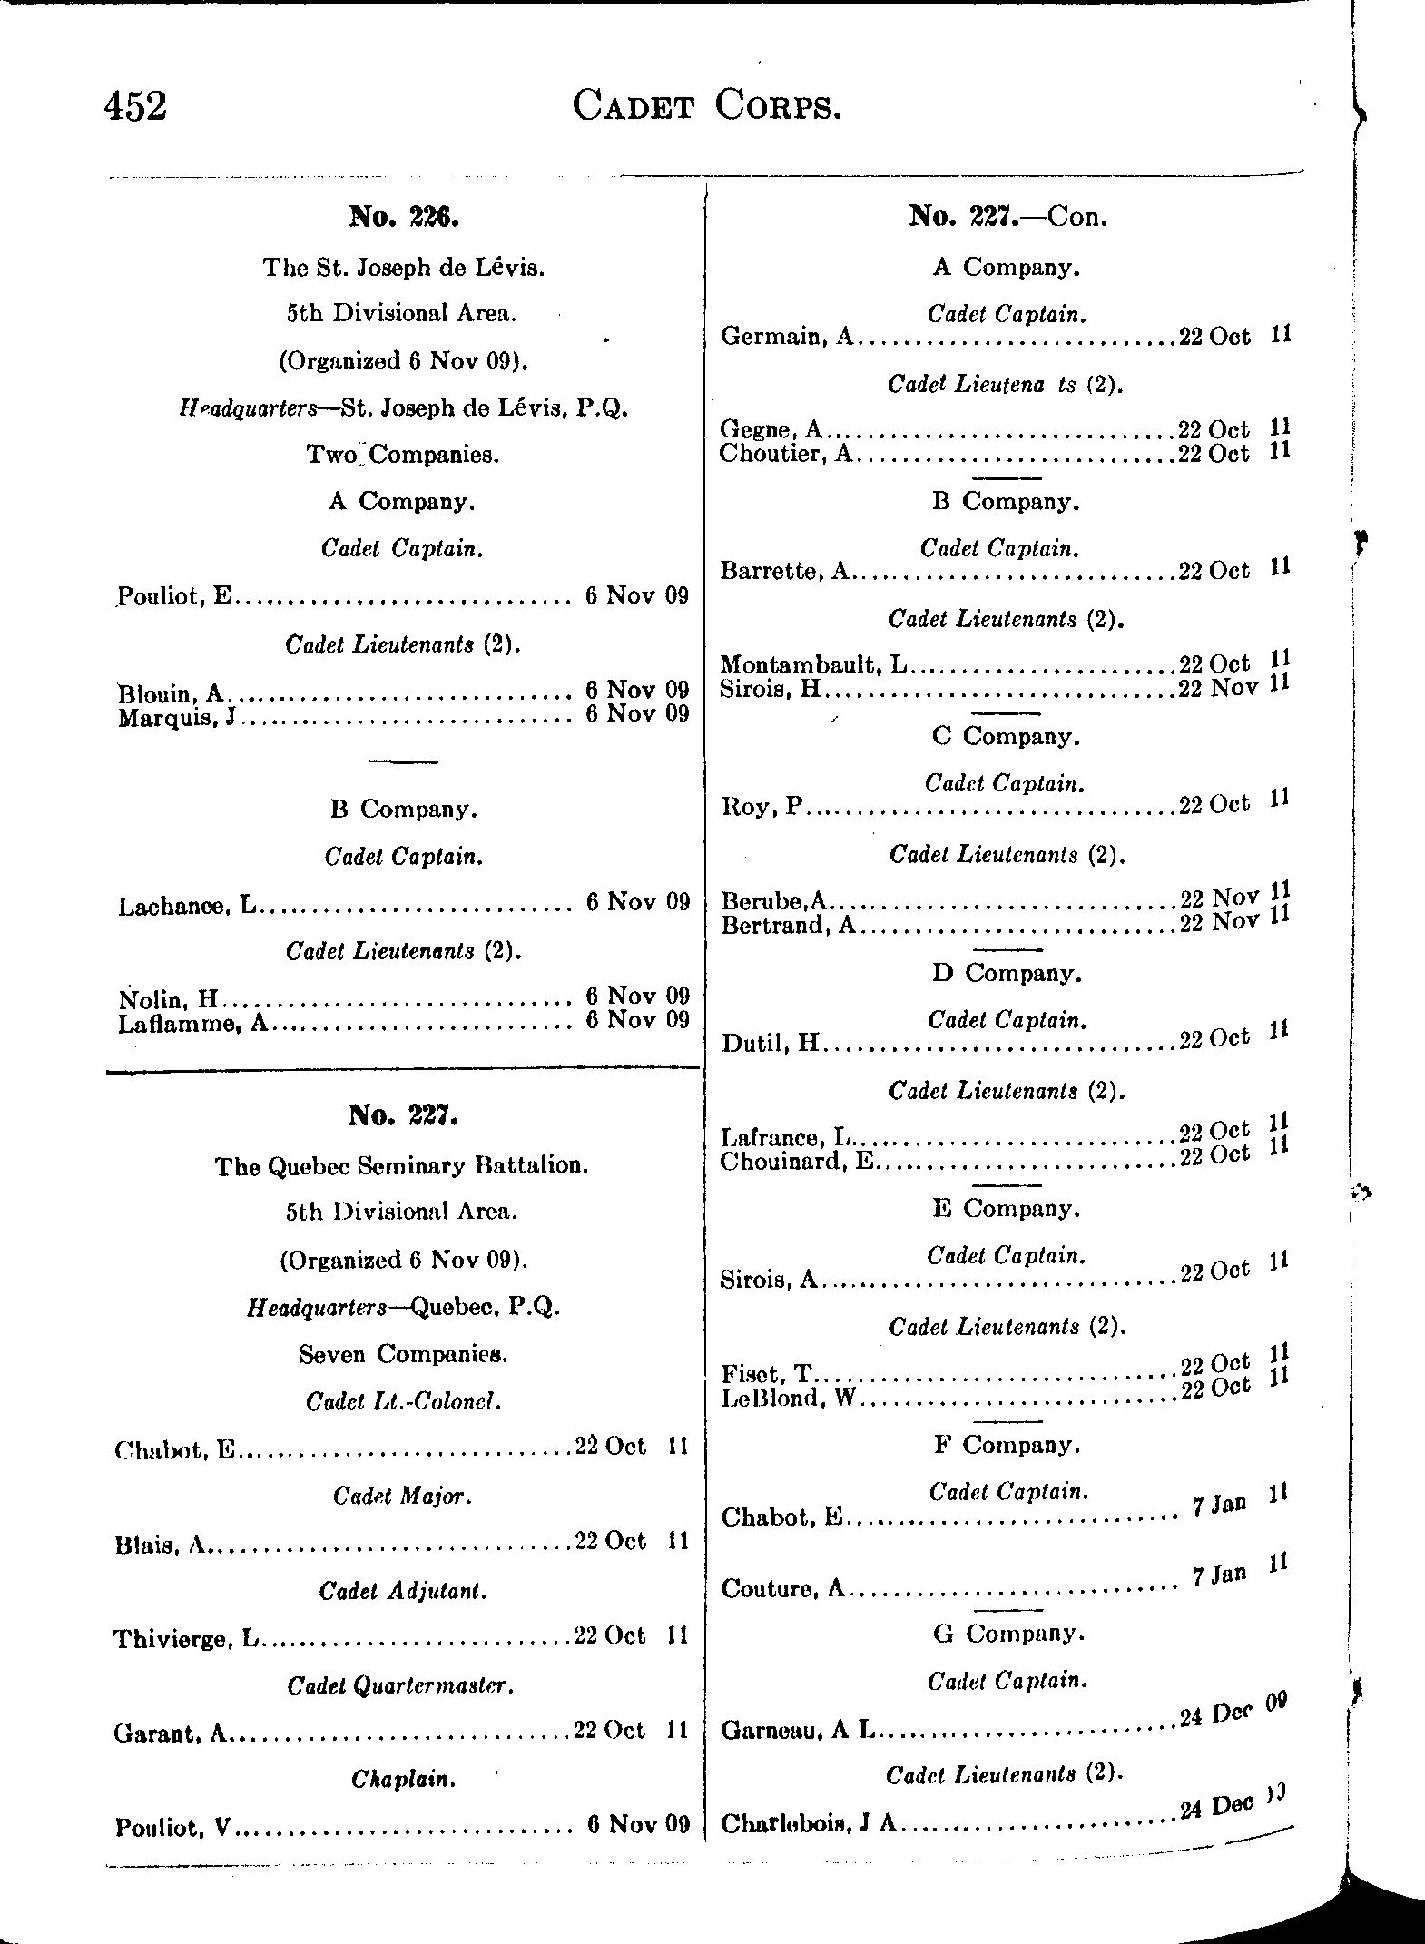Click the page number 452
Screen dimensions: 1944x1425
pos(136,107)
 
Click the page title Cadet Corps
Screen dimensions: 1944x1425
pos(707,107)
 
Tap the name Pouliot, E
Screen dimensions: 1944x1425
pos(175,596)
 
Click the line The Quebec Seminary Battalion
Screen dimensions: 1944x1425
pos(401,1165)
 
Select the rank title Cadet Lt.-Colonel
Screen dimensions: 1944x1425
pos(403,1401)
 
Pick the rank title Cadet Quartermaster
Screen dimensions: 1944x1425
pos(401,1685)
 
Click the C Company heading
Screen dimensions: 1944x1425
pos(1006,736)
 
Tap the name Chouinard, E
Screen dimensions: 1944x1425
pos(796,1162)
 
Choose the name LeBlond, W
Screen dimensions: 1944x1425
pos(788,1399)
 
